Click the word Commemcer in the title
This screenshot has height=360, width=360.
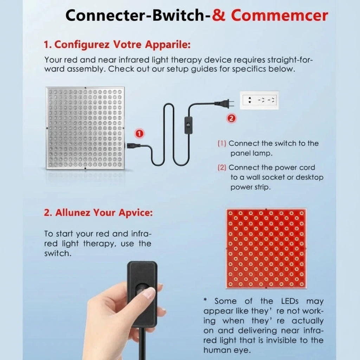279,15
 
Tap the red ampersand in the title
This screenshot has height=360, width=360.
219,15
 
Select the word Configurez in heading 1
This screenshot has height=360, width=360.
82,45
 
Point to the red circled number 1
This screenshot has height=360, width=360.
139,134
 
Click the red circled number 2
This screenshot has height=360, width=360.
231,118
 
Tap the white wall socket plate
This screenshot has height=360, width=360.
259,100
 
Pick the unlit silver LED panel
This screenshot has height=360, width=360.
85,128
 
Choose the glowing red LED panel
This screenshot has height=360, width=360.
266,249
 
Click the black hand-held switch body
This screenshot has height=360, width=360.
142,294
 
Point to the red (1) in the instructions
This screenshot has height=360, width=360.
222,143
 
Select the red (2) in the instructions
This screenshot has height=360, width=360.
222,168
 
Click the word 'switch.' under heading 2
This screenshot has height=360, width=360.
58,253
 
